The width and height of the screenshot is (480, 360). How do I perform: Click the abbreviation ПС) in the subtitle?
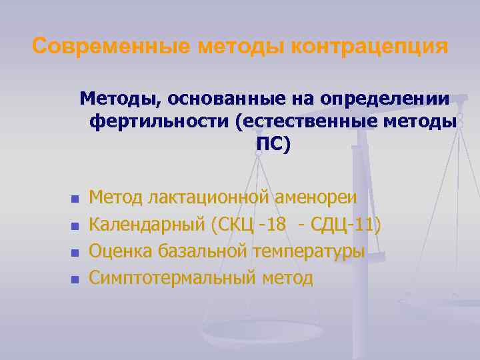273,144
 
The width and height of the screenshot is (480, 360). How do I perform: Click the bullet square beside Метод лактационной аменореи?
75,199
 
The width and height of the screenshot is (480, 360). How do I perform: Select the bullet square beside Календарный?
75,226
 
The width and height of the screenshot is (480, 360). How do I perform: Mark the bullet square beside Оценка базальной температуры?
75,253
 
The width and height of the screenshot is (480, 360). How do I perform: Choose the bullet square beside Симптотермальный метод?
75,279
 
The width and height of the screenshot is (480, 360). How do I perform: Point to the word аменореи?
315,198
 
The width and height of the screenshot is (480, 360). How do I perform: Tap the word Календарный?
147,225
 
